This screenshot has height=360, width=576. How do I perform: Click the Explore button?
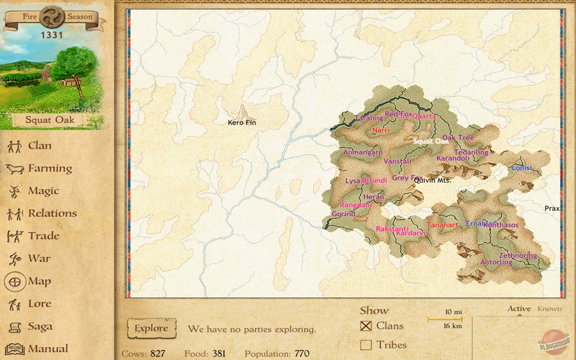[151, 328]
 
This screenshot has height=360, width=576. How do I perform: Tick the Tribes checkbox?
[366, 345]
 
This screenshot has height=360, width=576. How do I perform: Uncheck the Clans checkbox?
[366, 326]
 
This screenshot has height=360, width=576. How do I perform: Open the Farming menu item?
[49, 168]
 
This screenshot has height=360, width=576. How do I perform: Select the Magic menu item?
[43, 191]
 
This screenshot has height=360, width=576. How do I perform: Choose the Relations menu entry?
[52, 213]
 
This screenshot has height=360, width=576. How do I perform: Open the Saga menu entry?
[40, 326]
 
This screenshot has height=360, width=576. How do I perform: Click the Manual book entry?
[48, 349]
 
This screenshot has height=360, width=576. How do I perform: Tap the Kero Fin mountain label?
[242, 122]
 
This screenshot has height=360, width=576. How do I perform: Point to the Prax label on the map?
[552, 208]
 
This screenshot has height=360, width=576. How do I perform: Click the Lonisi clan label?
[522, 168]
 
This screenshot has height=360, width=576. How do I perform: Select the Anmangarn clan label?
[363, 153]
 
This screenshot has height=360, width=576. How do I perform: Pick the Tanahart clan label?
[442, 225]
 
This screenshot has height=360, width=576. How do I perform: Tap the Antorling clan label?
[496, 262]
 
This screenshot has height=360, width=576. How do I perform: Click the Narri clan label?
[381, 130]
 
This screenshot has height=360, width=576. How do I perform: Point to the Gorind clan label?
[343, 214]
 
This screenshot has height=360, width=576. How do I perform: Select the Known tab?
[549, 309]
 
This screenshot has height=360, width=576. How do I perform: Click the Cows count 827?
[157, 354]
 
